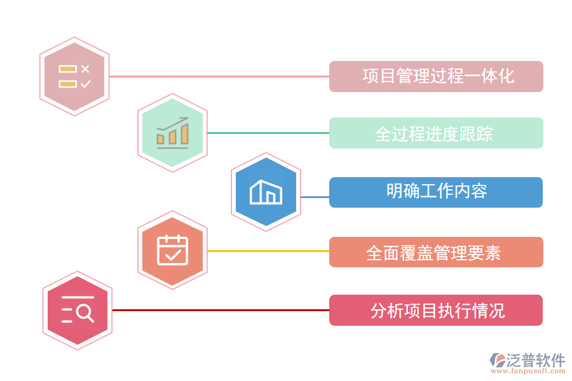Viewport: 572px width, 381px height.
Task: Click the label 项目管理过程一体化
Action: click(x=436, y=76)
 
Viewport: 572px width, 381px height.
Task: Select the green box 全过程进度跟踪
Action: click(x=436, y=133)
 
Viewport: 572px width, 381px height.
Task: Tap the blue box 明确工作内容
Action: click(x=436, y=192)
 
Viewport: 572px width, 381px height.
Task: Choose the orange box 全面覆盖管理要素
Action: click(x=436, y=252)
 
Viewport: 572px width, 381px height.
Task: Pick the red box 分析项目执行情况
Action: click(x=436, y=311)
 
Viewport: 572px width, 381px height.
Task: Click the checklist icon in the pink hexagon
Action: click(x=74, y=76)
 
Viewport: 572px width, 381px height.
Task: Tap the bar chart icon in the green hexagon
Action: click(x=172, y=133)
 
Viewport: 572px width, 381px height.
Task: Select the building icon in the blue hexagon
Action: click(x=266, y=192)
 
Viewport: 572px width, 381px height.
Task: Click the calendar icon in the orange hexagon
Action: click(x=172, y=250)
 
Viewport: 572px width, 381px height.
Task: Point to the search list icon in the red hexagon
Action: click(x=78, y=310)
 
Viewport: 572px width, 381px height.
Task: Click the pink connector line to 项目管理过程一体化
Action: click(x=219, y=76)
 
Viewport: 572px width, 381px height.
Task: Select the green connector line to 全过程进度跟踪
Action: click(x=268, y=133)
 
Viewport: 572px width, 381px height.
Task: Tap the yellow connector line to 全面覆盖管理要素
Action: click(x=268, y=251)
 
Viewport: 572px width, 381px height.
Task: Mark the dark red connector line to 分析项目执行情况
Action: click(x=221, y=310)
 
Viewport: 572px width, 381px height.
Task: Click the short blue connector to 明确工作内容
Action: click(x=315, y=197)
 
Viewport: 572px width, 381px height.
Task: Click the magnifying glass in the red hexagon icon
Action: click(x=85, y=313)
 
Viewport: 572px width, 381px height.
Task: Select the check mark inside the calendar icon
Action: click(x=173, y=254)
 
